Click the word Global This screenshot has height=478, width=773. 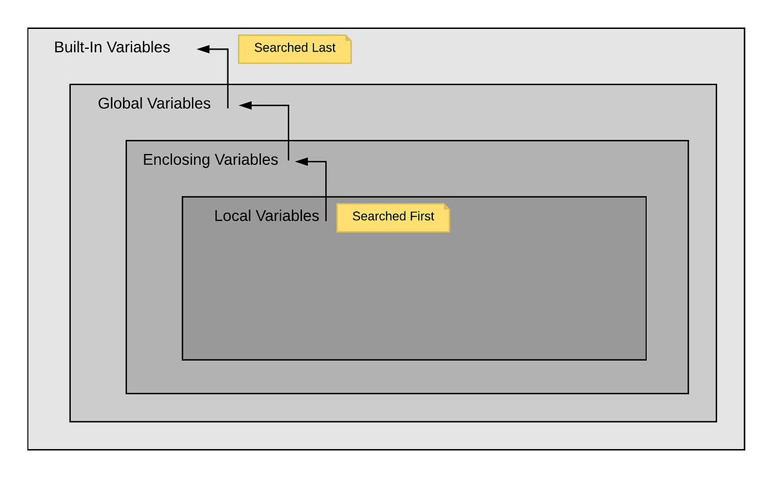point(120,103)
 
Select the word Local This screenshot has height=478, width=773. point(233,216)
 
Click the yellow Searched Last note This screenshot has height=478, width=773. point(294,49)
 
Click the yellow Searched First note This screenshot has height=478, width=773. point(392,217)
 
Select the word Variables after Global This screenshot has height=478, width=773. point(180,103)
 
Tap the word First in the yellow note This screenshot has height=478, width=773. point(421,216)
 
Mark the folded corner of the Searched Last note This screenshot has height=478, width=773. point(348,38)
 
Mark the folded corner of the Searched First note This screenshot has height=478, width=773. point(446,207)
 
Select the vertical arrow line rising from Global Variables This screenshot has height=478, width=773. point(227,77)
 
